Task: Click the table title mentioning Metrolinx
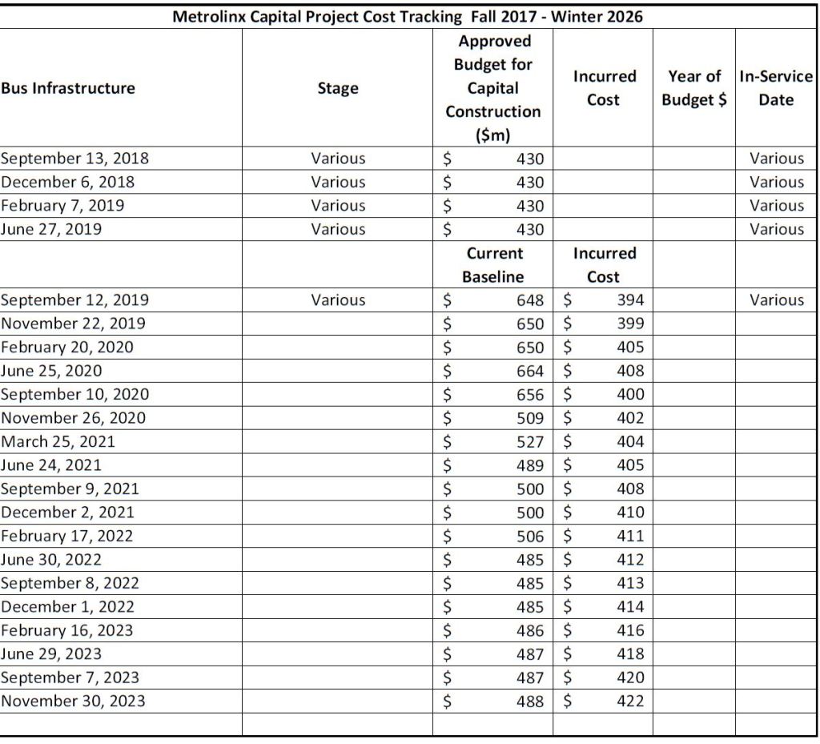click(408, 16)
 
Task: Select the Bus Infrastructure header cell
click(68, 88)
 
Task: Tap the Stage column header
click(338, 88)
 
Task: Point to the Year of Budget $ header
click(694, 88)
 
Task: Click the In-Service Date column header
click(776, 88)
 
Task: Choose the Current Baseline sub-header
click(493, 265)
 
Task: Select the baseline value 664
click(531, 371)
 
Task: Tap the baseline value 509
click(531, 418)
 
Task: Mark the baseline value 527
click(531, 441)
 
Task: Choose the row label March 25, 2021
click(58, 441)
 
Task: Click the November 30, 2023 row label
click(73, 702)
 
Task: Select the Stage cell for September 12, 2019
click(338, 300)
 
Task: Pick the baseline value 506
click(531, 536)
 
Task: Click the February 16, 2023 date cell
click(66, 630)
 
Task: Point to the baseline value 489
click(531, 465)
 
